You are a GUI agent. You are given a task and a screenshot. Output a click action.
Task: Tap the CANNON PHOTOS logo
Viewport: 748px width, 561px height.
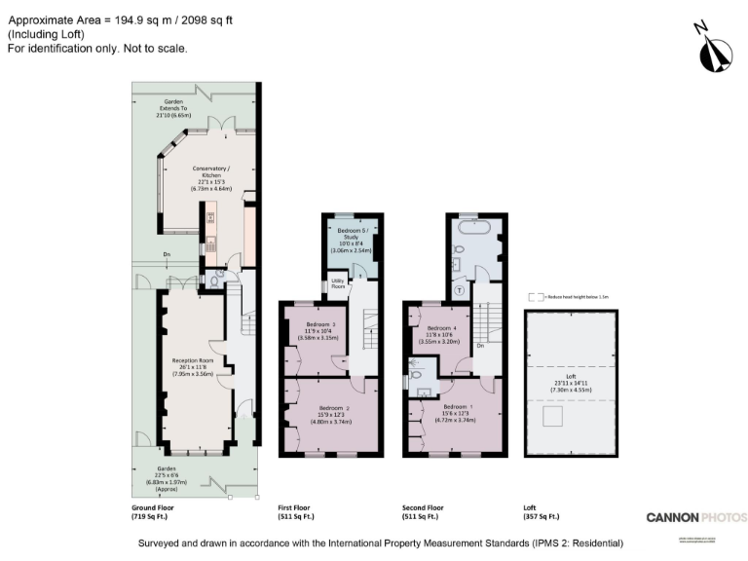pos(696,517)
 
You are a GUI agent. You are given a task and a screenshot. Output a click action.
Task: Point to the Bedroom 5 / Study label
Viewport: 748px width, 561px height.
pos(351,237)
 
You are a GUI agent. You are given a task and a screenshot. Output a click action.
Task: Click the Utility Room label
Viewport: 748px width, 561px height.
pos(338,284)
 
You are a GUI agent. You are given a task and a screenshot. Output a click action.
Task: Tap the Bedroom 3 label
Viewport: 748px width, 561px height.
pos(320,331)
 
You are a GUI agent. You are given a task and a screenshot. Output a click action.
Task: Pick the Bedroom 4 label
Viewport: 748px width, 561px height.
pos(442,335)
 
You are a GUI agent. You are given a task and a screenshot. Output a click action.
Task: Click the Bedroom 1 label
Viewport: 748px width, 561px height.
pos(458,413)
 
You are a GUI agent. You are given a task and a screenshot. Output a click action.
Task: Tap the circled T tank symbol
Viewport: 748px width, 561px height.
pos(459,290)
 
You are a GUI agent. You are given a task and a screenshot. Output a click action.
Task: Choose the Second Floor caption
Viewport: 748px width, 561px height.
pos(424,511)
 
